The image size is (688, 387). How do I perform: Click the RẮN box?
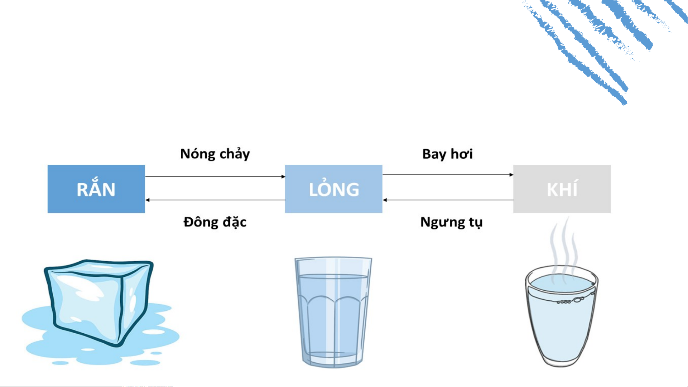[96, 189]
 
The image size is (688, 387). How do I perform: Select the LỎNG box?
[333, 189]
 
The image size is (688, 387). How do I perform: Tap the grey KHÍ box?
[562, 189]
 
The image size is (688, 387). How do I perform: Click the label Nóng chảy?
[215, 154]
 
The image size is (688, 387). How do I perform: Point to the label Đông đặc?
[215, 222]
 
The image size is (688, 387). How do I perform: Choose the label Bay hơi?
[447, 154]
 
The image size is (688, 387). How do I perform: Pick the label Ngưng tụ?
[451, 222]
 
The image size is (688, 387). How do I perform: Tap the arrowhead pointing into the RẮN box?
[148, 200]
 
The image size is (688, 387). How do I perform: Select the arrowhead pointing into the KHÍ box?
[511, 175]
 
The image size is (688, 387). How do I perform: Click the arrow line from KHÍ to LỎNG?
[448, 200]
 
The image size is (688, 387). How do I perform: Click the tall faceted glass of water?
[333, 312]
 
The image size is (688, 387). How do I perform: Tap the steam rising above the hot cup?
[564, 251]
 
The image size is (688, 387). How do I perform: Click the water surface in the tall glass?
[333, 276]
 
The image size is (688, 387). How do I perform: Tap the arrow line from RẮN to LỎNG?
[215, 176]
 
